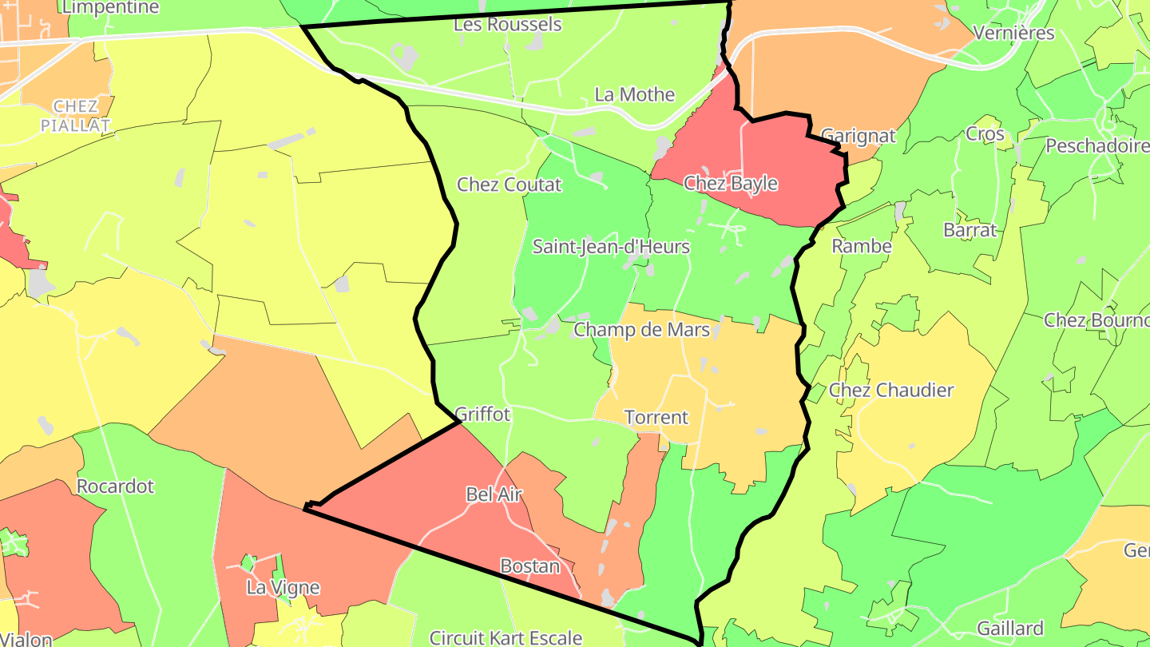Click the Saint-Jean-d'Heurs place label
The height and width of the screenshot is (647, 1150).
click(x=611, y=246)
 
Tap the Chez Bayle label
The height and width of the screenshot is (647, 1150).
click(x=731, y=184)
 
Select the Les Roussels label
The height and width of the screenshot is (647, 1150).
click(x=508, y=25)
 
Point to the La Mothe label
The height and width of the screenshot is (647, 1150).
click(x=635, y=94)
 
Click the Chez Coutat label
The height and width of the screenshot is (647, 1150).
click(x=510, y=185)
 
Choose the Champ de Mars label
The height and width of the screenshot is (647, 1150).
click(x=642, y=329)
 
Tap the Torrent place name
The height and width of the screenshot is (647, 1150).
click(x=656, y=417)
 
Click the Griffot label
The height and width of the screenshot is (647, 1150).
click(x=482, y=414)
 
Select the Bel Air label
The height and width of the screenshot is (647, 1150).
click(x=494, y=494)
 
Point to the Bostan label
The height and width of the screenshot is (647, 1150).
click(x=529, y=566)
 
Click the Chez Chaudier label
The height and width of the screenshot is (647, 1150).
click(x=891, y=390)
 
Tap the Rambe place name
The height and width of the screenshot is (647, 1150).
click(x=862, y=246)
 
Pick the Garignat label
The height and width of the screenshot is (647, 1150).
click(x=859, y=136)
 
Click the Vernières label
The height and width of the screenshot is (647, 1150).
click(x=1014, y=34)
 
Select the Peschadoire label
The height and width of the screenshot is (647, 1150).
click(x=1096, y=146)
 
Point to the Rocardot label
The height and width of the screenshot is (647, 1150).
click(x=115, y=486)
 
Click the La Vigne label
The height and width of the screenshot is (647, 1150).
click(x=283, y=588)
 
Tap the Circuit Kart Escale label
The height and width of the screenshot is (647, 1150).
click(x=506, y=637)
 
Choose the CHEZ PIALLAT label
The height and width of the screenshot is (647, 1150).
click(x=76, y=116)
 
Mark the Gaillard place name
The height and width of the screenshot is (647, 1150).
click(x=1010, y=628)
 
